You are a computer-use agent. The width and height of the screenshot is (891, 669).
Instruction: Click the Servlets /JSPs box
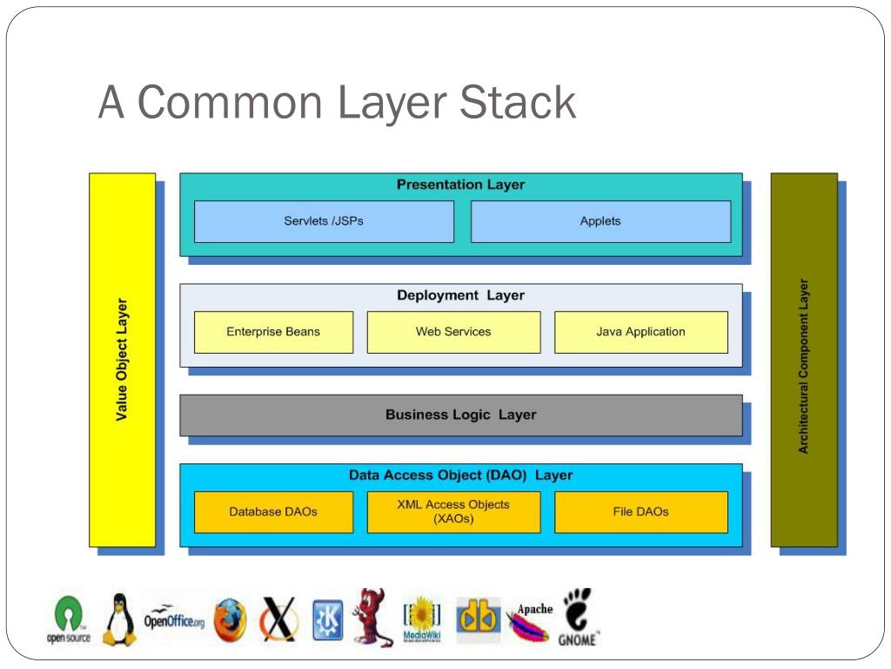(x=324, y=221)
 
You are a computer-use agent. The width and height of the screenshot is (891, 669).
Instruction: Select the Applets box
(x=600, y=221)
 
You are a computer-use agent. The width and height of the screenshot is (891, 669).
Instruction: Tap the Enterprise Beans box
(x=273, y=332)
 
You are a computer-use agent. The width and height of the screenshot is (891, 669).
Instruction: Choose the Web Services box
(x=453, y=332)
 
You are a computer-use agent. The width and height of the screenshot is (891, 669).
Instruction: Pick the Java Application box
(x=640, y=332)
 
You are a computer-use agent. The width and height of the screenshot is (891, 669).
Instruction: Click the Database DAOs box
(x=273, y=512)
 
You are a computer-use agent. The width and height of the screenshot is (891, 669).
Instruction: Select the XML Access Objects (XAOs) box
(x=453, y=511)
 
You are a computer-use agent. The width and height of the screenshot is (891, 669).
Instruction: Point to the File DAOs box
(x=640, y=512)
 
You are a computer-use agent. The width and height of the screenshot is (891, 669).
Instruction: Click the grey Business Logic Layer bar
(x=460, y=416)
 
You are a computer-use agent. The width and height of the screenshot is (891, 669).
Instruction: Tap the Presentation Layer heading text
(x=460, y=185)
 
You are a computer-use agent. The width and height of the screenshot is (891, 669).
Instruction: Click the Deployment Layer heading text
(x=460, y=295)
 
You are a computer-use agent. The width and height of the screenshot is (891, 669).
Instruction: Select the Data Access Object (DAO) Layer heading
(x=460, y=476)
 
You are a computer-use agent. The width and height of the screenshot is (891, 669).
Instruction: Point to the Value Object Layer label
(x=122, y=360)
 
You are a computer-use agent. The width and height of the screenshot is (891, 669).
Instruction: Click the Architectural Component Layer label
(x=803, y=366)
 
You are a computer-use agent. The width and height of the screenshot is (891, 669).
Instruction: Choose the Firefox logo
(x=230, y=620)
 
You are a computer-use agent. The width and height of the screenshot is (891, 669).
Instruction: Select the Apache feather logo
(x=530, y=622)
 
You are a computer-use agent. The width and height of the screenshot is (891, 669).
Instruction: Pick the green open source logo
(x=68, y=619)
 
